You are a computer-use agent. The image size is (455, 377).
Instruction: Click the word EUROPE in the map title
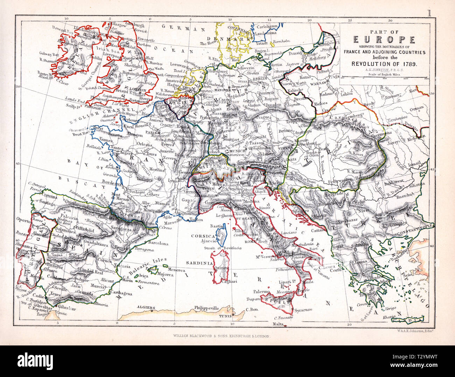(x=384, y=40)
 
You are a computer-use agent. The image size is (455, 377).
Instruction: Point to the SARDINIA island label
(x=199, y=262)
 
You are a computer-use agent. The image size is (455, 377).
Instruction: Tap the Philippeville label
(x=206, y=308)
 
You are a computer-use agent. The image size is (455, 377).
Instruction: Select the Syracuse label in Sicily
(x=302, y=310)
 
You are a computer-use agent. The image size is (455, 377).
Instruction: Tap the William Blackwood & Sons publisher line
(x=222, y=336)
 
